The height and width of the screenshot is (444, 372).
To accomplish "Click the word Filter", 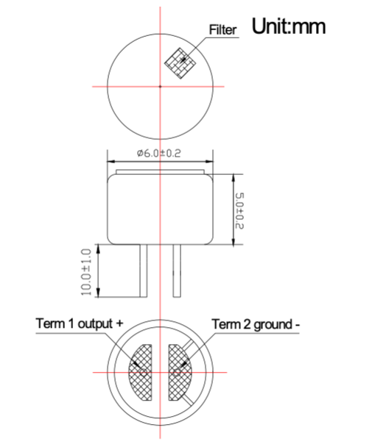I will [x=224, y=30].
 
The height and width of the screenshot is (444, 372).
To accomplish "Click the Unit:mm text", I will [x=289, y=26].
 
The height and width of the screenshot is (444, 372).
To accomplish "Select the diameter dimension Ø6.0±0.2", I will [x=159, y=154].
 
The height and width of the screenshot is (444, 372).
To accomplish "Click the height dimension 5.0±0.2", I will [x=239, y=210].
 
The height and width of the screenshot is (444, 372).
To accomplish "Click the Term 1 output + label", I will [x=79, y=323].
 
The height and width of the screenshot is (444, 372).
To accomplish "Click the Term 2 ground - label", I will [x=257, y=323].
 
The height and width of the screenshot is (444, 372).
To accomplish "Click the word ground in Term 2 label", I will [x=273, y=324].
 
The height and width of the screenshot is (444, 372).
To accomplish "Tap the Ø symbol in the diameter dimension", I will [x=140, y=154].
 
